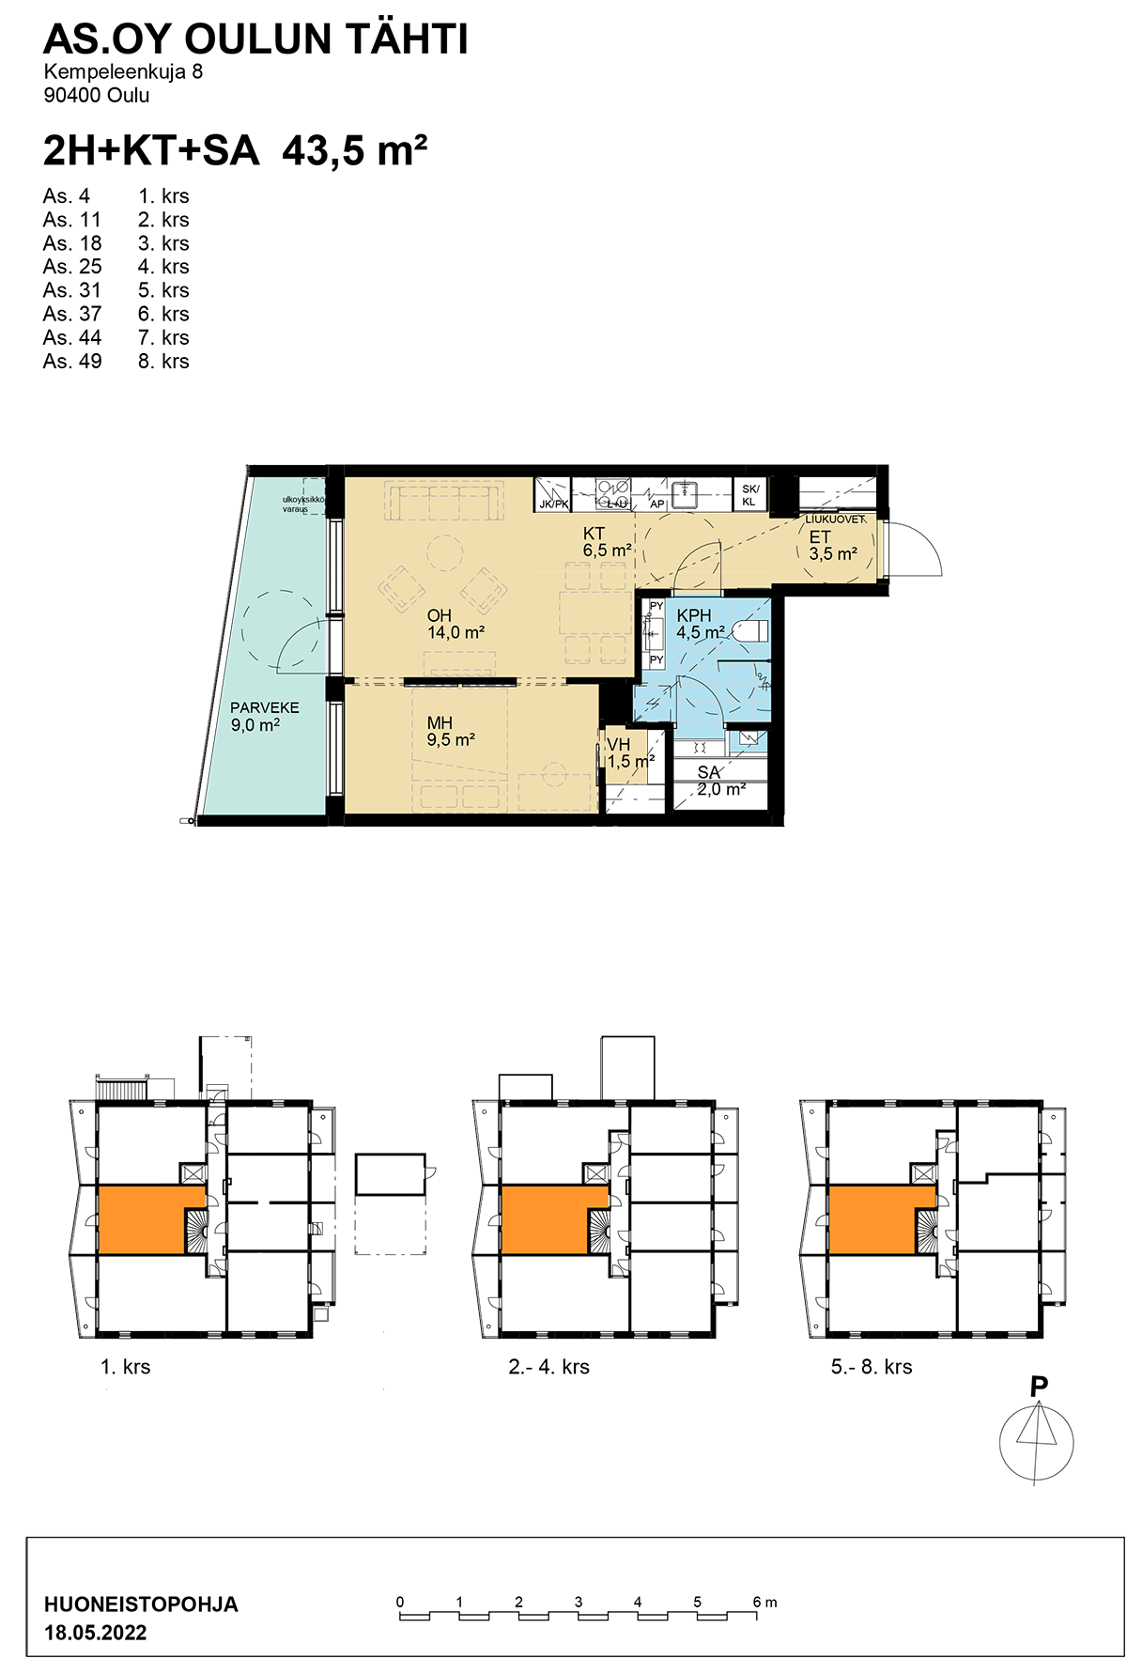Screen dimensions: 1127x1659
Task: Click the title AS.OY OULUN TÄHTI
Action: tap(255, 39)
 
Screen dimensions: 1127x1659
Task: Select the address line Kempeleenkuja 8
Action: tap(123, 71)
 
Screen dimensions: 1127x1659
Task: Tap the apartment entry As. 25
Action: tap(72, 267)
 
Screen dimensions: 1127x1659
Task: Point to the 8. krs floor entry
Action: tap(163, 361)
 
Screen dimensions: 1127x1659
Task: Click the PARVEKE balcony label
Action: tap(265, 707)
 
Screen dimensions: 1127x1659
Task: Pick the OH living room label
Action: tap(440, 615)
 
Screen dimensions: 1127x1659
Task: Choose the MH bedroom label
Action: tap(440, 722)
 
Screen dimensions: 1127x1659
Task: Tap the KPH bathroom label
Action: tap(694, 616)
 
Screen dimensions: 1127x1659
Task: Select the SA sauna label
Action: tap(708, 772)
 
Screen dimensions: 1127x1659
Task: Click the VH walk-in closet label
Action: tap(619, 745)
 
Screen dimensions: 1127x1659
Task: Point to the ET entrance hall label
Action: tap(820, 537)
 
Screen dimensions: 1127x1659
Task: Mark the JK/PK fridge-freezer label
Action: tap(554, 504)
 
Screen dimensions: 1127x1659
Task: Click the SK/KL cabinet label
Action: tap(749, 495)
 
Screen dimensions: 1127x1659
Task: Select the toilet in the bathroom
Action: tap(750, 631)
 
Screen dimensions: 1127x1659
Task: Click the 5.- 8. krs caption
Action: tap(872, 1367)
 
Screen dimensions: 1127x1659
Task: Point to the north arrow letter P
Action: tap(1039, 1387)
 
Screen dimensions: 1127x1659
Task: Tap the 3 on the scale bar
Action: tap(579, 1602)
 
